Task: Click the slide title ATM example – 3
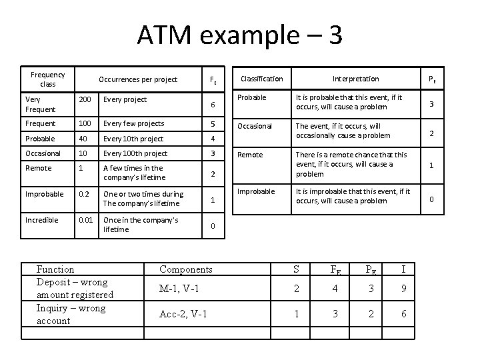[x=240, y=35]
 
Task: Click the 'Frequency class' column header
[x=48, y=79]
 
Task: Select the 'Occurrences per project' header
[x=138, y=79]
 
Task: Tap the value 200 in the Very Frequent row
[x=85, y=99]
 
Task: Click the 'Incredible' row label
[x=41, y=219]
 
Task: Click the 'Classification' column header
[x=261, y=79]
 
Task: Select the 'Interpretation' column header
[x=356, y=79]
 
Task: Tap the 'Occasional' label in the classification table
[x=256, y=126]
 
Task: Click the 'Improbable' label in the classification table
[x=257, y=191]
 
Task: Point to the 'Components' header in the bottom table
[x=186, y=269]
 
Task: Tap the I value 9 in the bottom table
[x=403, y=289]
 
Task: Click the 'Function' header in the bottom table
[x=55, y=269]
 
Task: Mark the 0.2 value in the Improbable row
[x=83, y=194]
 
